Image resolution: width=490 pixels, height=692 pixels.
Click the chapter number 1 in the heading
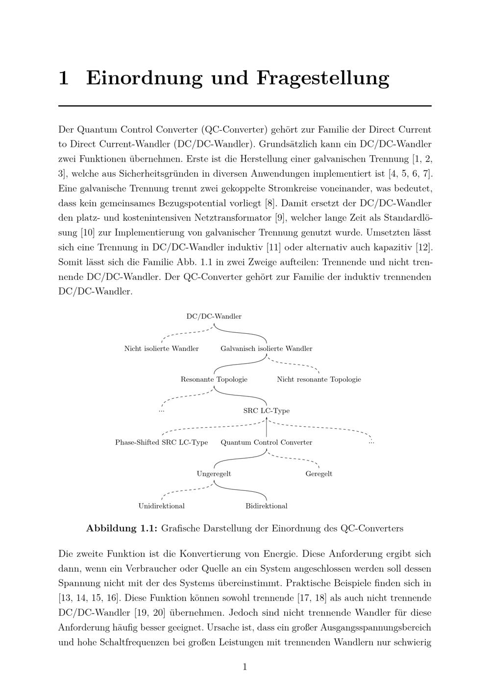click(x=63, y=78)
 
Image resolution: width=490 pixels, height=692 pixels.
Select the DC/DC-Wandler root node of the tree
click(x=214, y=317)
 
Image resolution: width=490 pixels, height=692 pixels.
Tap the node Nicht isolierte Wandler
click(x=161, y=349)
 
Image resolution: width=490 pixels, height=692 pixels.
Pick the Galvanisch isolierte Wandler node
click(x=266, y=349)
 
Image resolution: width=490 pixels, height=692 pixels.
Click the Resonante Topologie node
click(x=214, y=380)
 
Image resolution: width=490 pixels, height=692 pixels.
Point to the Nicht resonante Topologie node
click(x=318, y=380)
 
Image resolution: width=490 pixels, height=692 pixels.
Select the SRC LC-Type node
click(x=266, y=411)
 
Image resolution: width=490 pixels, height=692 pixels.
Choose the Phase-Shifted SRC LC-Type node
click(x=161, y=442)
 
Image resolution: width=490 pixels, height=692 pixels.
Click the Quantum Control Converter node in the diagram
click(x=266, y=442)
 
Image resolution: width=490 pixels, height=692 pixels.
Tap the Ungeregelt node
click(x=214, y=474)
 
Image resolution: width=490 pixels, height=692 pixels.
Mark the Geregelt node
click(x=318, y=474)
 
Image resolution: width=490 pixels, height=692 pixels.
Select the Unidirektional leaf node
click(x=161, y=506)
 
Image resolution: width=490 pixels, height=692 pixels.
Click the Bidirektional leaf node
click(x=266, y=506)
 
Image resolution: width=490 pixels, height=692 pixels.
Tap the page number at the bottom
click(x=245, y=667)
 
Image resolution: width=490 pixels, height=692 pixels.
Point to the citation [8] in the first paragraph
click(x=269, y=203)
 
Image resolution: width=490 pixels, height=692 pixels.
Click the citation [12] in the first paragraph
click(x=421, y=247)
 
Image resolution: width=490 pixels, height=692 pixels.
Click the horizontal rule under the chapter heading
click(x=245, y=106)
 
